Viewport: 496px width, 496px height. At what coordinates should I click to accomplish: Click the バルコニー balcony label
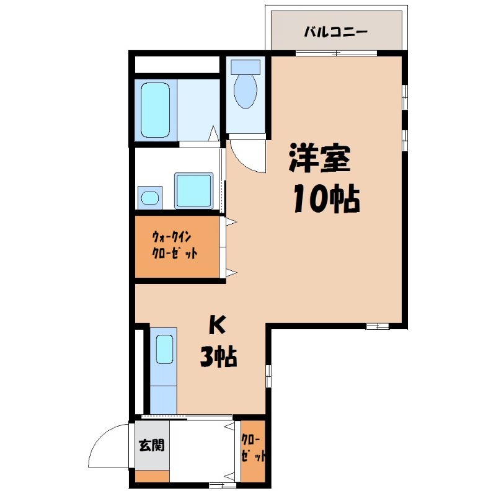coord(335,32)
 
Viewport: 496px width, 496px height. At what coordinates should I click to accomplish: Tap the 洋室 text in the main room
coord(319,158)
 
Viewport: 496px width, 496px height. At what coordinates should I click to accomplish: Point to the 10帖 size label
coord(327,198)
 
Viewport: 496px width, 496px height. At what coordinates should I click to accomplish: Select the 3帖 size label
coord(218,357)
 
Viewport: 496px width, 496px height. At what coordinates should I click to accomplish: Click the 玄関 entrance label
coord(152,445)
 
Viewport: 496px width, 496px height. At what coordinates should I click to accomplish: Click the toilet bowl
coord(245,92)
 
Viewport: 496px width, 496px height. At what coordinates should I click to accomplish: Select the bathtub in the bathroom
coord(155,110)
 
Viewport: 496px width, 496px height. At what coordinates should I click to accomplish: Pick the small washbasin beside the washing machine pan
coord(149,198)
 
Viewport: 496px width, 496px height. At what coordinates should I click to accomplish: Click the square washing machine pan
coord(194,190)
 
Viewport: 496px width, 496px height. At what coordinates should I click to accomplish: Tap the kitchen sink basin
coord(164,349)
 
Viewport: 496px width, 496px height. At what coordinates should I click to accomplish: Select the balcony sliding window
coord(336,53)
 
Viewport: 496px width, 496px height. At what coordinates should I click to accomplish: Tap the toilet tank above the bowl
coord(246,67)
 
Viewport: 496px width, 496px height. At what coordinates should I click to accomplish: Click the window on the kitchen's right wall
coord(268,376)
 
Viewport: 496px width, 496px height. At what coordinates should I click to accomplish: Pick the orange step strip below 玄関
coord(153,476)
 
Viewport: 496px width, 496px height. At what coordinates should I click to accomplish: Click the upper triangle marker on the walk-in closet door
coord(231,222)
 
